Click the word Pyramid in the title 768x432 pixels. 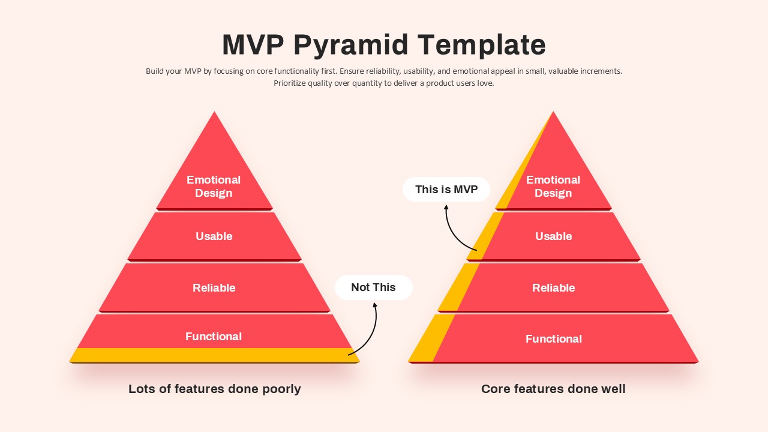(351, 45)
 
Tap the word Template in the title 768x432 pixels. (481, 45)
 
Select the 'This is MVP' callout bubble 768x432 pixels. (446, 189)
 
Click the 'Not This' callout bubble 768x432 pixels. (373, 287)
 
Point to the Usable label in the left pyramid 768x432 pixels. (214, 236)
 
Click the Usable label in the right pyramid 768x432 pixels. (554, 236)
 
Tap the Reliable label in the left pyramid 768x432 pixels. (214, 287)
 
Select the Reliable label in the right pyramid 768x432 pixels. (554, 287)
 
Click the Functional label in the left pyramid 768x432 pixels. (214, 337)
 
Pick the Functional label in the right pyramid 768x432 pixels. (554, 339)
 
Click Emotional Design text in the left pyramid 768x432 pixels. (214, 186)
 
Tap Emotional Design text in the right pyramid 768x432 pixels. (553, 186)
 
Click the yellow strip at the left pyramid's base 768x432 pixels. (214, 355)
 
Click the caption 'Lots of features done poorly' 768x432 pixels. (215, 389)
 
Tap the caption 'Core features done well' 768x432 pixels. (553, 389)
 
